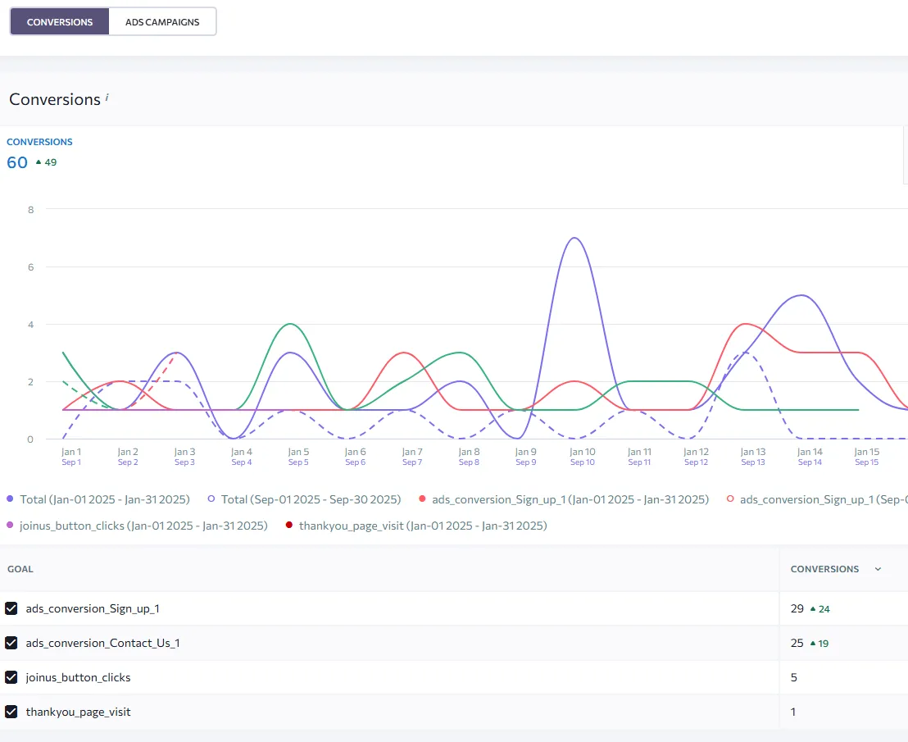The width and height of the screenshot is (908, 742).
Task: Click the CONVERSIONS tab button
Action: [60, 22]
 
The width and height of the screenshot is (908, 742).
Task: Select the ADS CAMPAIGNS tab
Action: [162, 22]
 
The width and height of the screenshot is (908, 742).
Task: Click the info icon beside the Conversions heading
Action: [107, 98]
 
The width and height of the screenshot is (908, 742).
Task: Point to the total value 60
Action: [17, 162]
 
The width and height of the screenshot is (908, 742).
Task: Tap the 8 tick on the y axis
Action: [30, 210]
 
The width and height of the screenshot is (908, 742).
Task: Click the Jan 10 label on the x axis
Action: [582, 452]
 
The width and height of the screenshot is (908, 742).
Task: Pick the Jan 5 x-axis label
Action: [298, 452]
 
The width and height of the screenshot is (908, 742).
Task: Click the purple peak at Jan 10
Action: [574, 238]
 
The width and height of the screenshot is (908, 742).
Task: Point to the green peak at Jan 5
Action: [291, 324]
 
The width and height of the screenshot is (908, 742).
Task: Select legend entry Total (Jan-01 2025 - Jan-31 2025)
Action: [98, 499]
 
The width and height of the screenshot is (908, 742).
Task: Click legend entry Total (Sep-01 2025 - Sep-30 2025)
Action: [304, 499]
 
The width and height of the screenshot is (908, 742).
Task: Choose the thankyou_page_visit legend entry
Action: [416, 526]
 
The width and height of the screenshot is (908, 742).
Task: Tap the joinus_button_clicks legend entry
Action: [137, 526]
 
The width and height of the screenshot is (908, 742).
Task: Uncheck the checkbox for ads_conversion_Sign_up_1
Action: [11, 608]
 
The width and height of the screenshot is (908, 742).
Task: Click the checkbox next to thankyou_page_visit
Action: [11, 712]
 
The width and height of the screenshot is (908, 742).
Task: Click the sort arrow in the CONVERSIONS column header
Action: [878, 569]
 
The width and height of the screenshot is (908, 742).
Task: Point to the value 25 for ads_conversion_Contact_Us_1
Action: [797, 643]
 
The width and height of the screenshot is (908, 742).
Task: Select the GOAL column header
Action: [20, 569]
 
